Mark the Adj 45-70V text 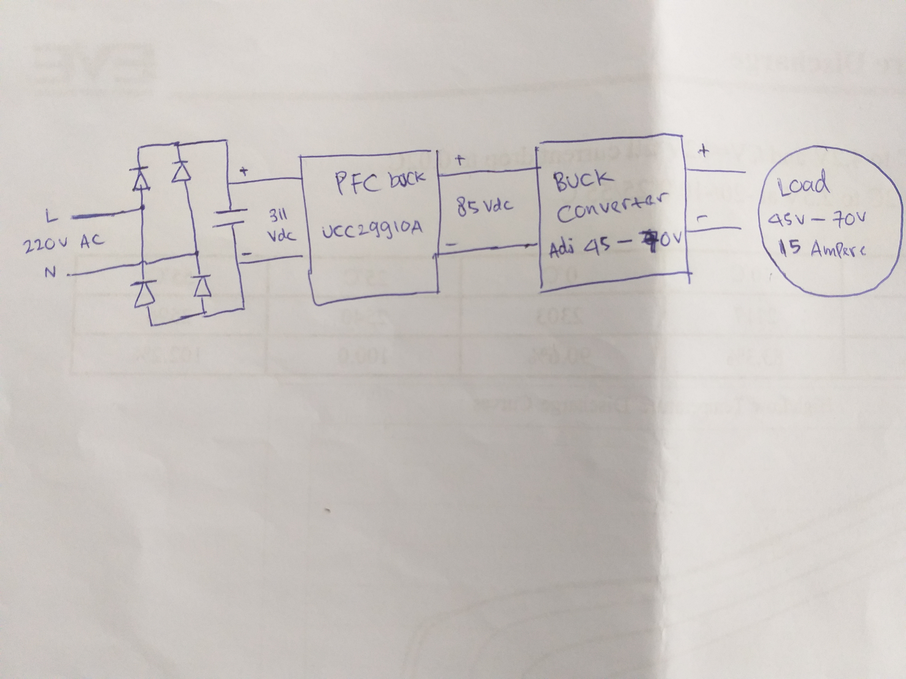pos(614,246)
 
